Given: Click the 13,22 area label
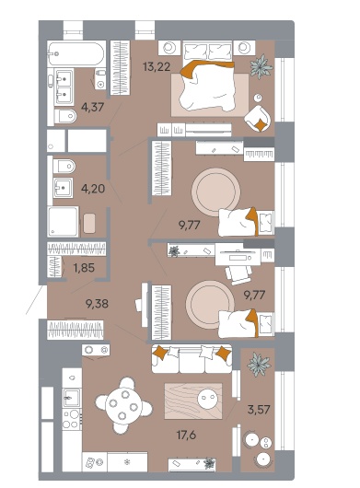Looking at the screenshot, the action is click(x=157, y=66).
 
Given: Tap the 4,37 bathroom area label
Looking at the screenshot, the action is click(x=92, y=107).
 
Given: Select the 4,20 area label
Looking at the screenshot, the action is click(x=93, y=189).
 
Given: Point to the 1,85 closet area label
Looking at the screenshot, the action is click(x=84, y=268).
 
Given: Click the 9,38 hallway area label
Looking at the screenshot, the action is click(x=97, y=304).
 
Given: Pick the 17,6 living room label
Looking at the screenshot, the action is click(x=186, y=435).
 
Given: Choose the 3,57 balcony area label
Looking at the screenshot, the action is click(x=259, y=409).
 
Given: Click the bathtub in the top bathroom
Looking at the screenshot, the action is click(x=75, y=53).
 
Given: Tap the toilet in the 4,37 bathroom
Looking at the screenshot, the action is click(x=65, y=116).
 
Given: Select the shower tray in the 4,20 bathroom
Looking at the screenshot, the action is click(x=63, y=221).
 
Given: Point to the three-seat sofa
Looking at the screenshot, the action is click(x=192, y=358).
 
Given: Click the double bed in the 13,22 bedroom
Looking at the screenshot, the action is click(x=207, y=76).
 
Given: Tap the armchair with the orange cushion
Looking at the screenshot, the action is click(x=258, y=118).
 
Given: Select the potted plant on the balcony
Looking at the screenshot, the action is click(x=259, y=365).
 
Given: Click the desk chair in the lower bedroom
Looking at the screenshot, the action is click(x=238, y=274).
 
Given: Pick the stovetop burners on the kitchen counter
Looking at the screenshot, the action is click(x=71, y=419).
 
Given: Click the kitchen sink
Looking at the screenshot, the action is click(x=72, y=398).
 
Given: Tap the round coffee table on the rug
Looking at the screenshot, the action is click(x=207, y=398).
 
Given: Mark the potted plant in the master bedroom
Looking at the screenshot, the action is click(x=261, y=66).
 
